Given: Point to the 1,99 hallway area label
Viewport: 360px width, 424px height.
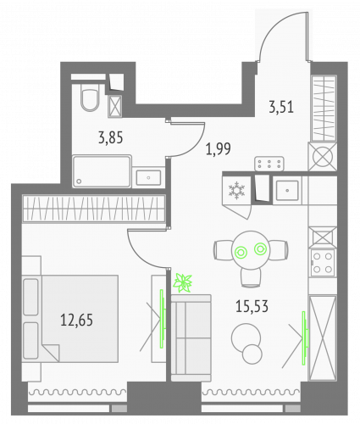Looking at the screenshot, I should [x=218, y=150].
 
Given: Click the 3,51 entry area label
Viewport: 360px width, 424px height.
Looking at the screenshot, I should [x=281, y=107].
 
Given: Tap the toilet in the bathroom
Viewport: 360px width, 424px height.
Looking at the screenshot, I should [x=88, y=101].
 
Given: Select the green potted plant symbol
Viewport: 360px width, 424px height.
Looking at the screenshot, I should [x=183, y=282].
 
